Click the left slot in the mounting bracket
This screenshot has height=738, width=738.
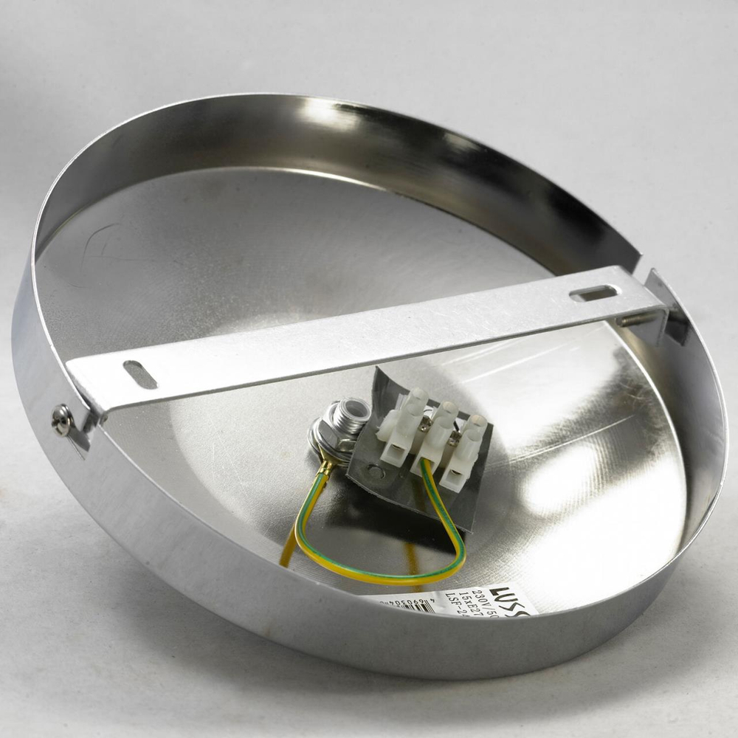click(140, 374)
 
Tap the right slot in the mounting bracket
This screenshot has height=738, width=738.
click(593, 294)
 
